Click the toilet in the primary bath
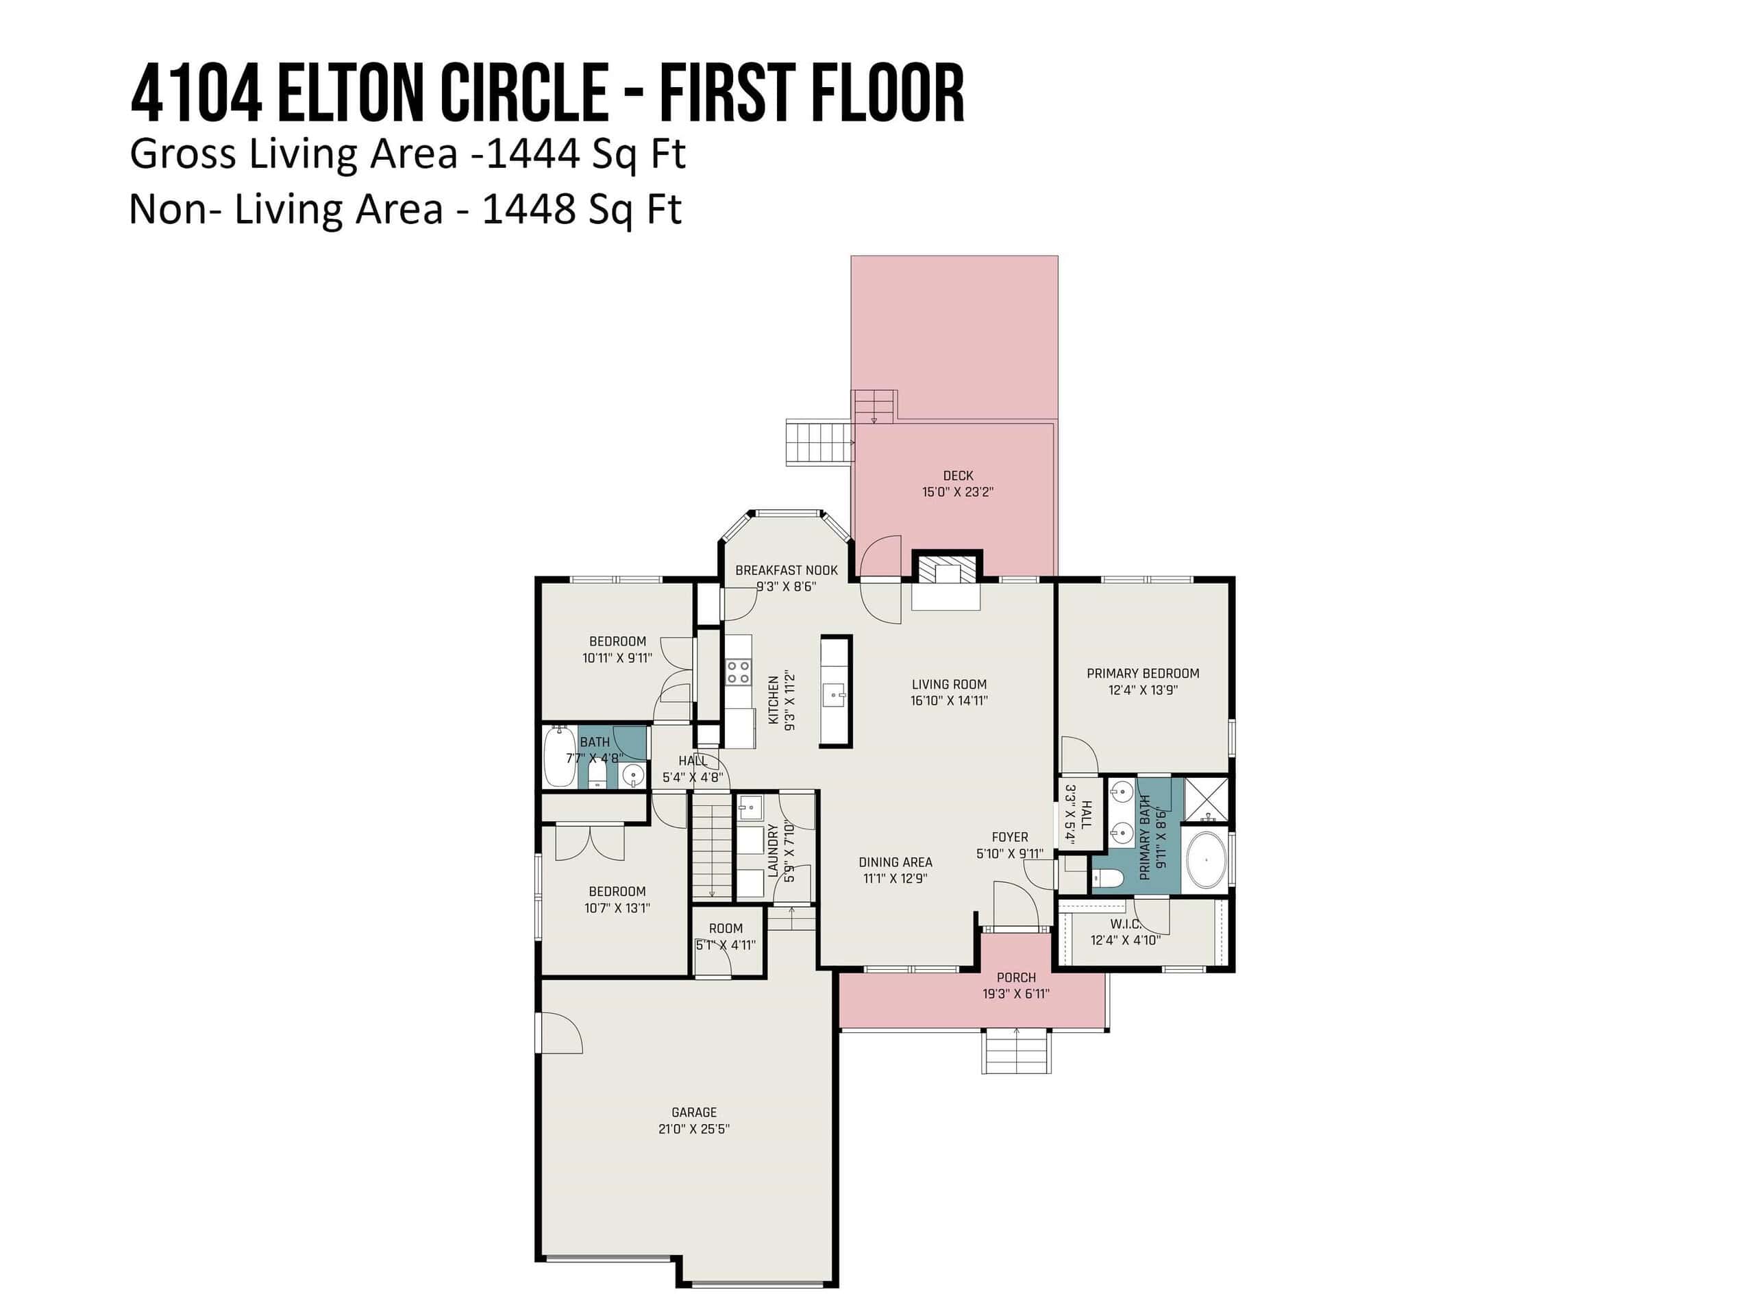(1107, 878)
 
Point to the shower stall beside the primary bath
(1206, 800)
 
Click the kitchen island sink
(835, 695)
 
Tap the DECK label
(958, 476)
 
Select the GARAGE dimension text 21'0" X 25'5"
(694, 1129)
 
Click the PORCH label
(1016, 977)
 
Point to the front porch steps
(1017, 1051)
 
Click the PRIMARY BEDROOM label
(1143, 674)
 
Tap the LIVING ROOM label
(949, 684)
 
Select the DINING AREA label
(895, 862)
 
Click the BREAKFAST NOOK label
(786, 570)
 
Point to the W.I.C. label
(1125, 924)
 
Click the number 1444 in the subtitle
(533, 154)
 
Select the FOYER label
(1009, 837)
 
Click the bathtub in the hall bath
(560, 757)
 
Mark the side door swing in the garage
(560, 1033)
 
